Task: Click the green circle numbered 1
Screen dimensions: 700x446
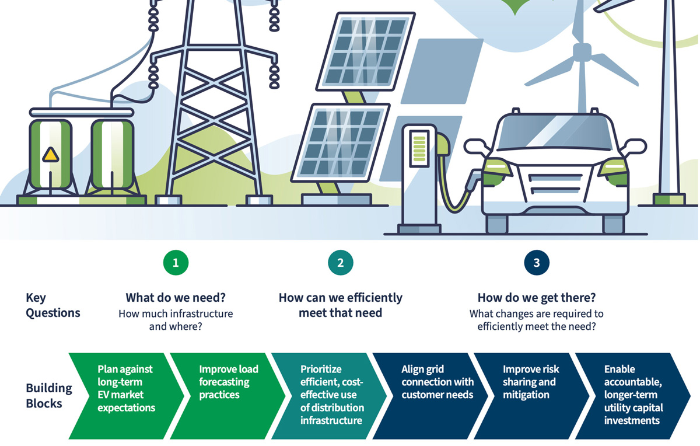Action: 176,263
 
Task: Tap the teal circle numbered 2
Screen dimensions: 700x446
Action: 340,263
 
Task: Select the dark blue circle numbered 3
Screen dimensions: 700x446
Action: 537,263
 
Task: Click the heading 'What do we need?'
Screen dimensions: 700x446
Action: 176,298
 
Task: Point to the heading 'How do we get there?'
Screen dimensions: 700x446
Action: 537,298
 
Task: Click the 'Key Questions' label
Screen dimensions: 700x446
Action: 53,305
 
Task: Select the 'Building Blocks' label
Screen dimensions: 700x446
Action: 49,396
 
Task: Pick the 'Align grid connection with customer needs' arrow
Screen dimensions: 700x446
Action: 430,396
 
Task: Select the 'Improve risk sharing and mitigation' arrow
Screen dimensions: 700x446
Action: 532,396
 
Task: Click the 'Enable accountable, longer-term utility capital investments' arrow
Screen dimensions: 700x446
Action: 633,396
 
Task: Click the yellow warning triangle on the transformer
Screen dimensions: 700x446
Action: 50,155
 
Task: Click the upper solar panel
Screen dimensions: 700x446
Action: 365,51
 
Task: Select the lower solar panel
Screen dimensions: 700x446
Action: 341,142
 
